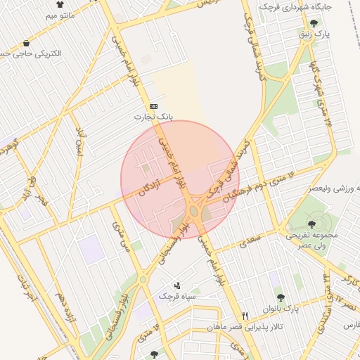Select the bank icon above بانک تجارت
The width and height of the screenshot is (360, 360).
point(154,106)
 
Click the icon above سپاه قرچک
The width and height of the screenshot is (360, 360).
point(176,285)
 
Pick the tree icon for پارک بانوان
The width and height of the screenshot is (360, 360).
point(281,298)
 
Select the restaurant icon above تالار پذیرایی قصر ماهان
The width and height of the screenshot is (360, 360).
point(245,316)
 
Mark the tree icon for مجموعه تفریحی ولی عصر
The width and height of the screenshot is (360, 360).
point(311,224)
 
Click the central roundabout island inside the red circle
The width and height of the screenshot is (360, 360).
point(195,210)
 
